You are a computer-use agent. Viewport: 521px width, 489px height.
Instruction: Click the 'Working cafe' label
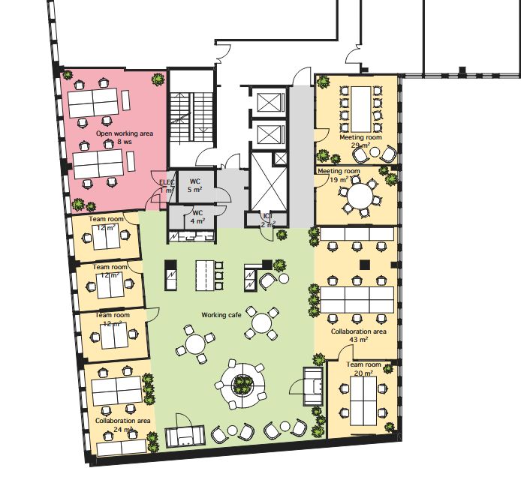(221, 315)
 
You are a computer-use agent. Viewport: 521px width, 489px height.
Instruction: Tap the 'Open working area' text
(125, 133)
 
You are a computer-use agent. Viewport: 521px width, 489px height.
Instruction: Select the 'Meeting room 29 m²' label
(360, 141)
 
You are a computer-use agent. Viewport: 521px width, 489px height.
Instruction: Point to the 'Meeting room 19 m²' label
(339, 175)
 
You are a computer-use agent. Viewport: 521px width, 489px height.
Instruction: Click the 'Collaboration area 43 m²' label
(359, 335)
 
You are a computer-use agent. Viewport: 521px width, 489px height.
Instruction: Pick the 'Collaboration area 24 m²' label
(123, 424)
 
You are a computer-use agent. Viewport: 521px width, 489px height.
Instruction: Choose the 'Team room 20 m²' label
(363, 368)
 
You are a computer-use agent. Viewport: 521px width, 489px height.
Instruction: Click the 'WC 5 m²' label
(194, 185)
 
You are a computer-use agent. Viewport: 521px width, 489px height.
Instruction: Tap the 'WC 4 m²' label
(197, 217)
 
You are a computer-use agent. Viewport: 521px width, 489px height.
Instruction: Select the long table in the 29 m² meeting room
(360, 109)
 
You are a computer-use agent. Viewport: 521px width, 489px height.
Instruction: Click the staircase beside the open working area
(191, 118)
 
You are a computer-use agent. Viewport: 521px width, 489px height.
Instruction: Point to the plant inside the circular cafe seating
(242, 385)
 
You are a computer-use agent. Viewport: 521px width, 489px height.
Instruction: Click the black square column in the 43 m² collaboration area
(365, 265)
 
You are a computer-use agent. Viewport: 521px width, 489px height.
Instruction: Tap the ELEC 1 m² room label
(167, 186)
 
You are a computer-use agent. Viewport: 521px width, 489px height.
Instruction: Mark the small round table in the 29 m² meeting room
(375, 152)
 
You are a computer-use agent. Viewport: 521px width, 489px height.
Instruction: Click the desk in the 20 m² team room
(363, 401)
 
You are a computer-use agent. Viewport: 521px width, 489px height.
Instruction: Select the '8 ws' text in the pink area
(125, 142)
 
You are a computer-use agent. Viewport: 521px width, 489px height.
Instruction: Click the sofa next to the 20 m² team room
(313, 386)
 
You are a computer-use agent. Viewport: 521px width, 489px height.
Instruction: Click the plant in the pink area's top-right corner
(158, 79)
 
